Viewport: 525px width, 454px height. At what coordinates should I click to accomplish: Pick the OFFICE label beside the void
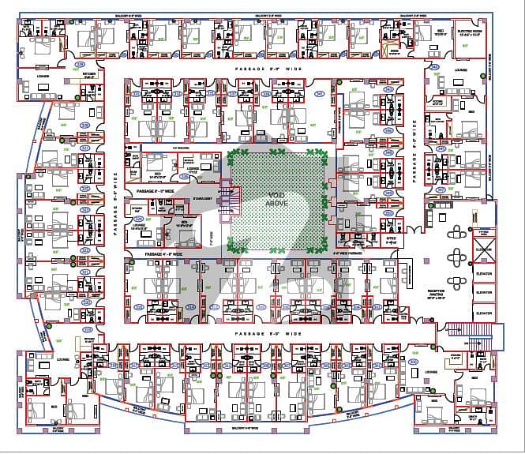pos(369,238)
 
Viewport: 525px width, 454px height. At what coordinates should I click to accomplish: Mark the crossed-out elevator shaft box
pos(482,235)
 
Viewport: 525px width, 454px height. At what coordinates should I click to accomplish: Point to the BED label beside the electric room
pos(440,31)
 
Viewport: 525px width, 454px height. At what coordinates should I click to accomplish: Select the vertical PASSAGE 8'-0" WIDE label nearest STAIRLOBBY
pos(115,193)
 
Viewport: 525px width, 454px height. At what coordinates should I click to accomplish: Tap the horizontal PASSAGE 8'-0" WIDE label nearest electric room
pos(268,70)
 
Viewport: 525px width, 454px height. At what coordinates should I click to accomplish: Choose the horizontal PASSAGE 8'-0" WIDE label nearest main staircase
pos(268,335)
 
